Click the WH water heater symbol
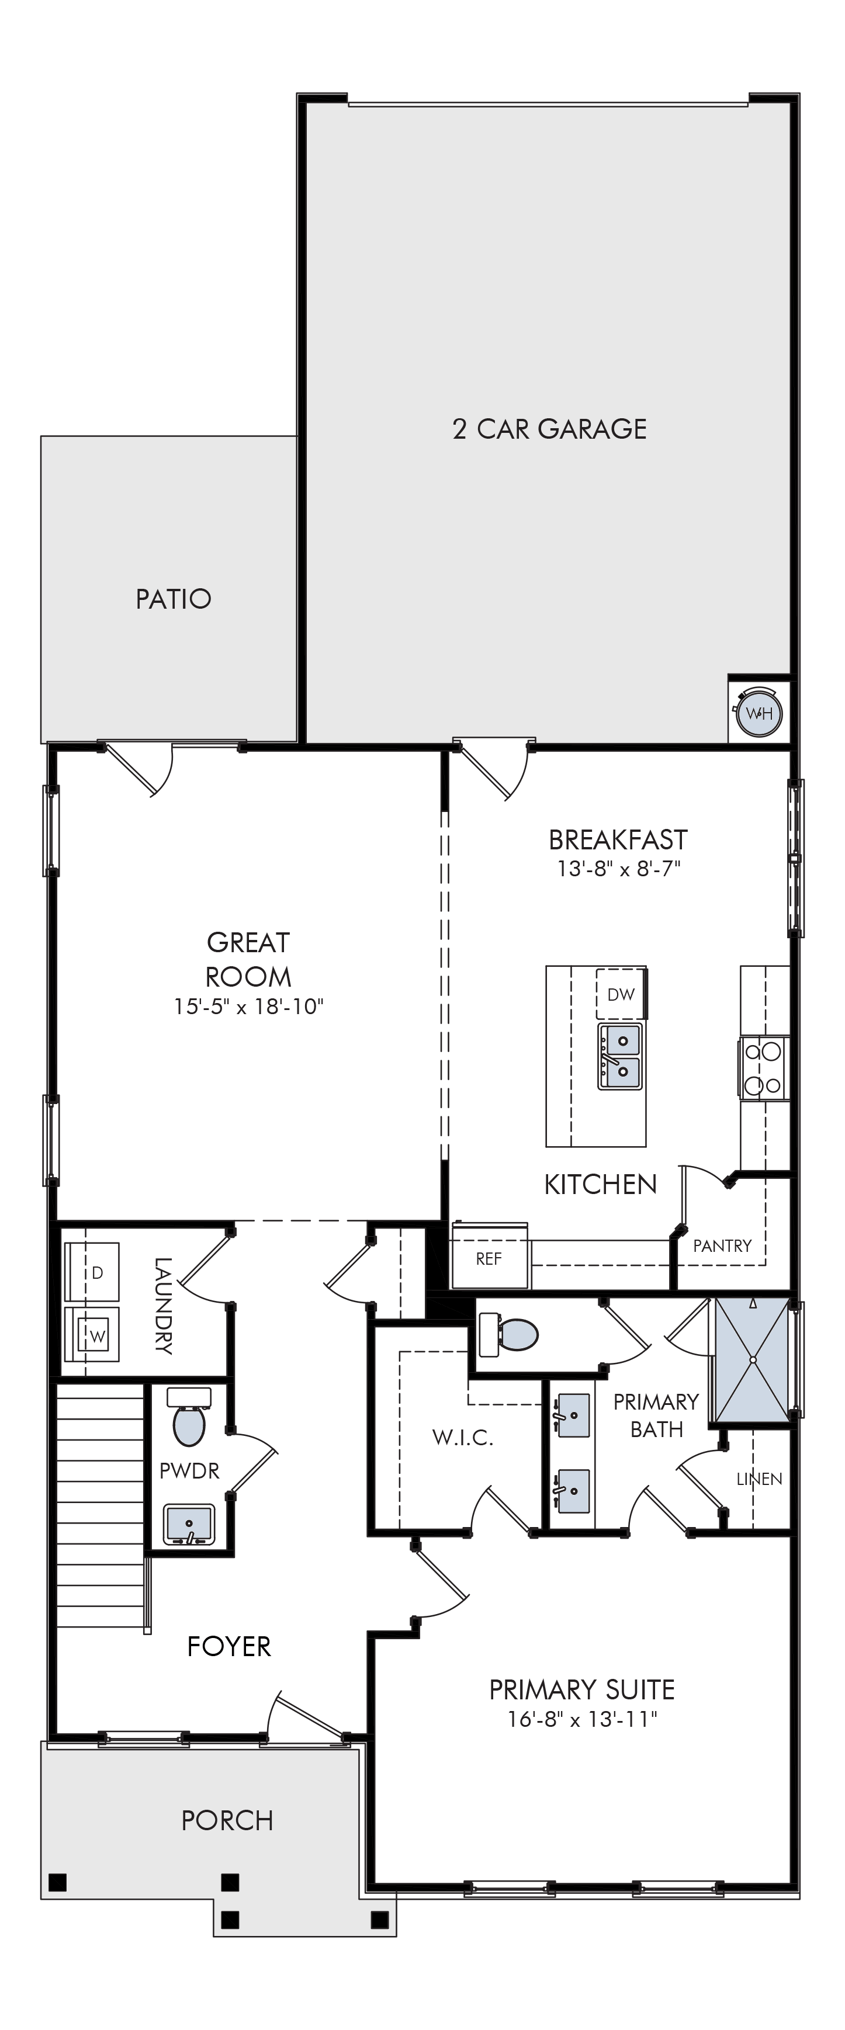(x=759, y=713)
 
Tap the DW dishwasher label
(x=621, y=994)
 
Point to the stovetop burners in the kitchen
(x=763, y=1068)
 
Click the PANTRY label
(x=722, y=1246)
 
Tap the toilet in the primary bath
(x=508, y=1335)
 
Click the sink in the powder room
(x=189, y=1524)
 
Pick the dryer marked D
(x=92, y=1272)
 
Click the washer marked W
(x=92, y=1334)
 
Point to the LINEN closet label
(x=759, y=1479)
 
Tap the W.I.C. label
(x=463, y=1438)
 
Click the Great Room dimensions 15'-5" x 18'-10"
(x=249, y=1007)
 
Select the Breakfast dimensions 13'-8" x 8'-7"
(x=618, y=869)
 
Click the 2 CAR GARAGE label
(x=549, y=429)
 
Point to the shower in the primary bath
(x=752, y=1359)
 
